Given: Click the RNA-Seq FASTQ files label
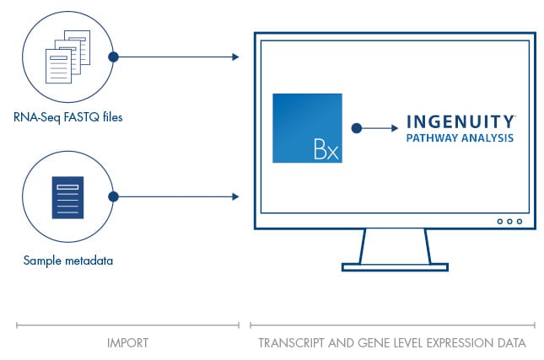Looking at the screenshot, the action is (x=68, y=117).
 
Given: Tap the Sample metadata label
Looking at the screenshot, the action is (x=68, y=261).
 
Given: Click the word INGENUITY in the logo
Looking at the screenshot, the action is (x=460, y=121).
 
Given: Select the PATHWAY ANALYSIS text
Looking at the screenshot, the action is (x=460, y=138).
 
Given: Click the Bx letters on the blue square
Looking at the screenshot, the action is (x=326, y=149).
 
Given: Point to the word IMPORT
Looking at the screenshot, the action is (x=127, y=343).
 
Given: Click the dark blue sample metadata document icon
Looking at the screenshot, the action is (x=67, y=197).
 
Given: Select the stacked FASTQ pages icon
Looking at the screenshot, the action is (x=68, y=56).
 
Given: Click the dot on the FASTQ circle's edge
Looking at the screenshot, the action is (x=114, y=56).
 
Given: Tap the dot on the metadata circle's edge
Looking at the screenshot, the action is (x=114, y=196).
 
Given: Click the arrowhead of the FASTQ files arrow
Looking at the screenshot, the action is (x=235, y=56).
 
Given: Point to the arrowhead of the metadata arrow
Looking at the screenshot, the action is (x=235, y=196).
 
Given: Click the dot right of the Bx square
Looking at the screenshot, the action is (x=357, y=128).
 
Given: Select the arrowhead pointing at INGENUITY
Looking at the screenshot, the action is (x=395, y=128).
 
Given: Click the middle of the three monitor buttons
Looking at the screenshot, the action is (x=509, y=221).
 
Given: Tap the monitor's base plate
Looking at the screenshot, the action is (x=396, y=267).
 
